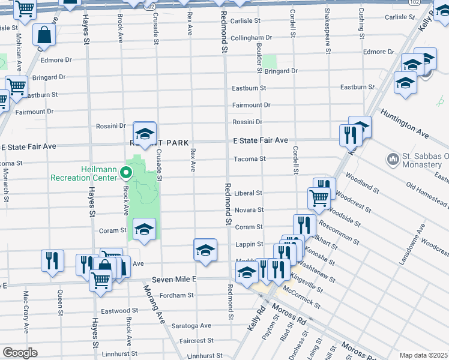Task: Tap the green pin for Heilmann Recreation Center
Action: pyautogui.click(x=126, y=173)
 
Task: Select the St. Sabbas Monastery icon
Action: pyautogui.click(x=393, y=158)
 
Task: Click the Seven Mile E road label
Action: pyautogui.click(x=174, y=279)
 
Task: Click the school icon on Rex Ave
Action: pyautogui.click(x=205, y=249)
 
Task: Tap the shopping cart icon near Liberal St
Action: pyautogui.click(x=319, y=197)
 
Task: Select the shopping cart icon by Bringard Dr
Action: pyautogui.click(x=16, y=86)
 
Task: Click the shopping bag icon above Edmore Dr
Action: pyautogui.click(x=45, y=35)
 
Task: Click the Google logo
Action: pyautogui.click(x=19, y=353)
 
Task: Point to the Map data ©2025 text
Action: pyautogui.click(x=423, y=355)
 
